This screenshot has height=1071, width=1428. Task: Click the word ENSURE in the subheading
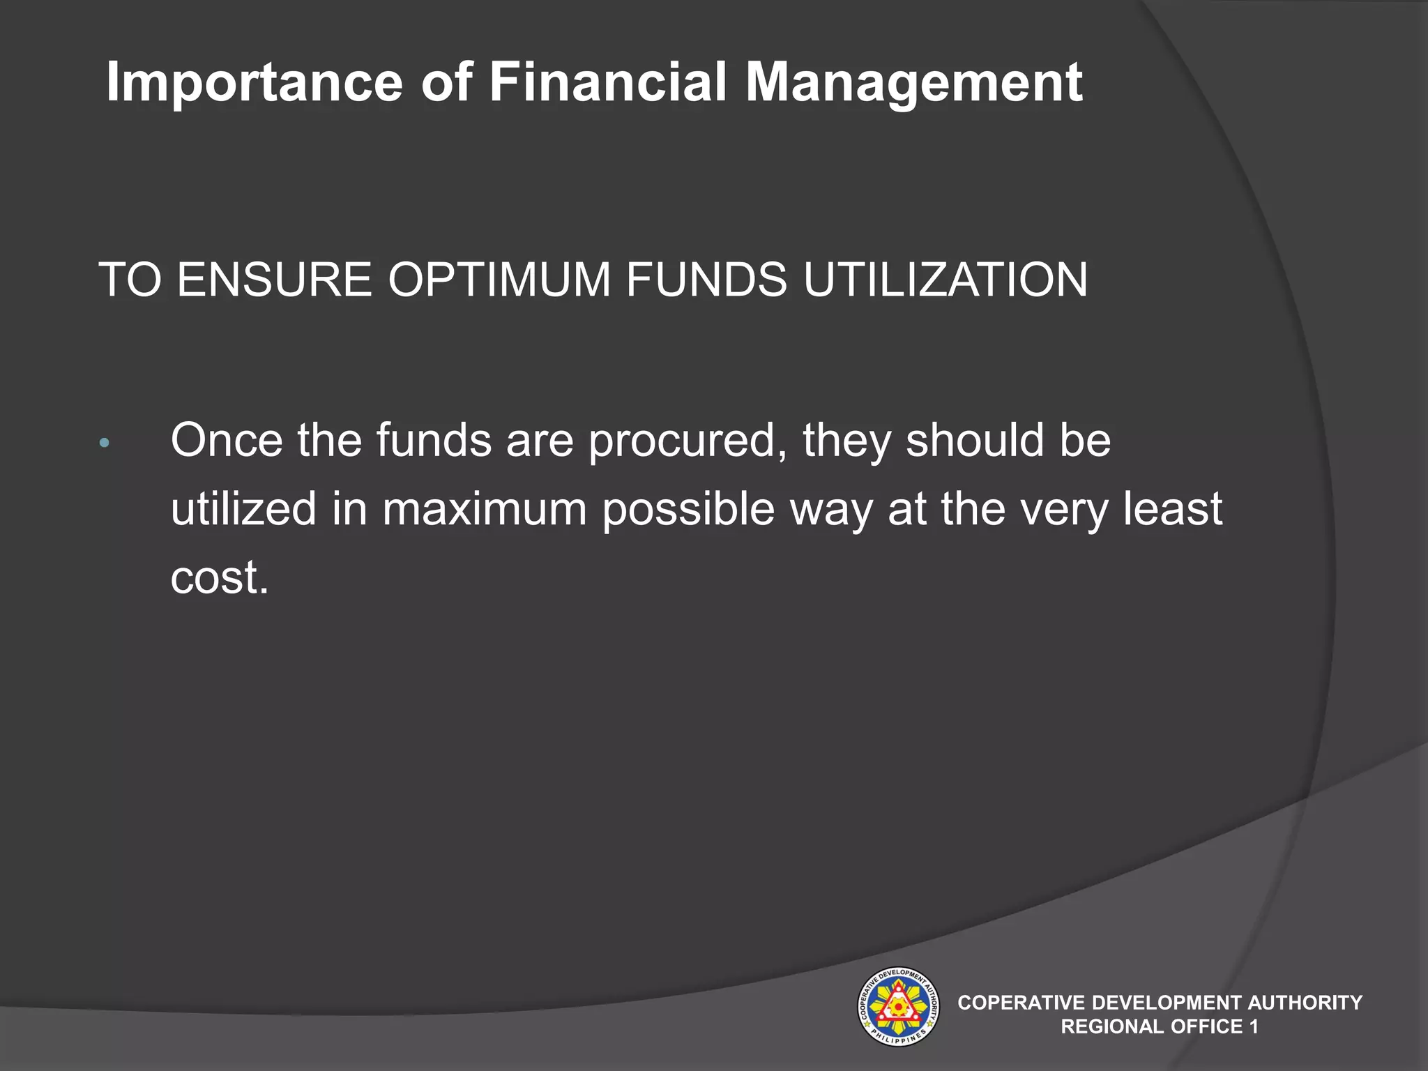point(274,280)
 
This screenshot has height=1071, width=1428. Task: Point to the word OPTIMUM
point(499,280)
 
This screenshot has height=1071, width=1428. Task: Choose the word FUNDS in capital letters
point(706,280)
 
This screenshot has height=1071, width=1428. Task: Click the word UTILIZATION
point(945,280)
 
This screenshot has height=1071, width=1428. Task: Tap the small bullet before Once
point(104,443)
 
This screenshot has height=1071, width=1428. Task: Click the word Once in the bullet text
point(227,441)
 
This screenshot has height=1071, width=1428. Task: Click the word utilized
point(243,509)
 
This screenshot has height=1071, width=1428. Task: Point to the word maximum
point(485,509)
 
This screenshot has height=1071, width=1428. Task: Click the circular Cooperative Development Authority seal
point(897,1006)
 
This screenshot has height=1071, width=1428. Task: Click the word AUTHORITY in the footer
point(1305,1003)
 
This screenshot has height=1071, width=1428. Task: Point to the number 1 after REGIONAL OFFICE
point(1254,1026)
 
